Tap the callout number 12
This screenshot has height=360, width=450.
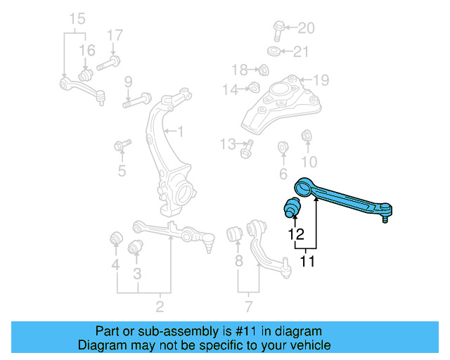coord(295,233)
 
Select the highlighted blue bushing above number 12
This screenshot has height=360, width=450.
coord(291,208)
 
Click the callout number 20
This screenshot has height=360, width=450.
coord(306,28)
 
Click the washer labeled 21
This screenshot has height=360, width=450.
coord(274,51)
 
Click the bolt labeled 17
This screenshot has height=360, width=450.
coord(107,63)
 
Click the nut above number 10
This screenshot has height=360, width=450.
coord(307,135)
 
